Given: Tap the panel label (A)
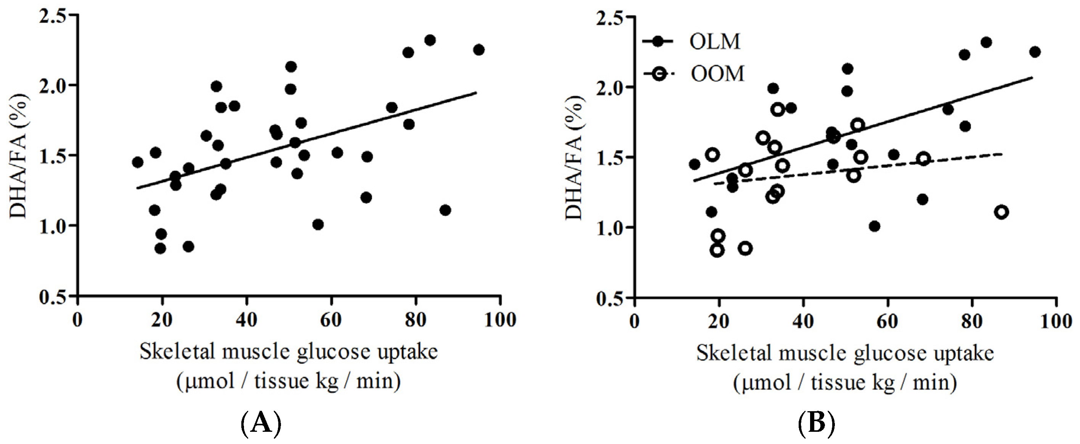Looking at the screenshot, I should [261, 425].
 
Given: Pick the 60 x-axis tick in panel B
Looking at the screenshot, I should [887, 322].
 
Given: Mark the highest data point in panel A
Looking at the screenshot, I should [430, 40].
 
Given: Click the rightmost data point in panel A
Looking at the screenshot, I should [478, 50].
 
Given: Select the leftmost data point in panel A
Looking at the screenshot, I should [138, 162].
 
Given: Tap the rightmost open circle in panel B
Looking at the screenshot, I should [1001, 212].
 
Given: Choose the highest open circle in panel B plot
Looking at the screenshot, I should [777, 109].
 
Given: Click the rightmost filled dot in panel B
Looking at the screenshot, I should [1035, 52].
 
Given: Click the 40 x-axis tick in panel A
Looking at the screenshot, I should [246, 320].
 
